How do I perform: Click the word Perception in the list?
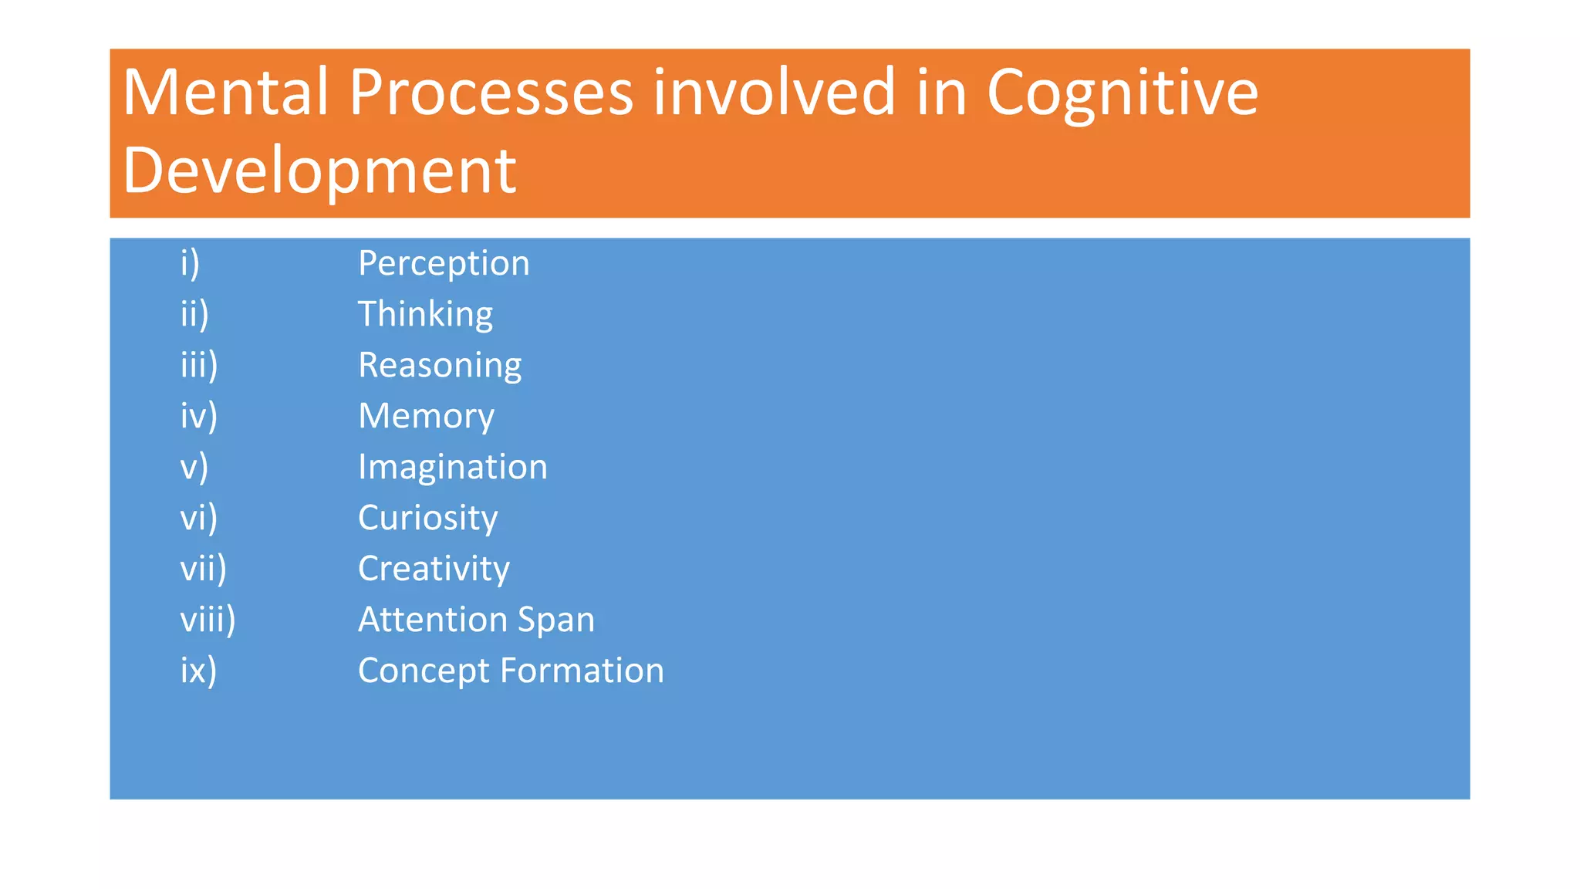tap(444, 264)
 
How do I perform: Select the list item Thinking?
tap(425, 315)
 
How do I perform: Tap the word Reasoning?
tap(440, 366)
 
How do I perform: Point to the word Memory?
tap(426, 417)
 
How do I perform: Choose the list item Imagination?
tap(452, 468)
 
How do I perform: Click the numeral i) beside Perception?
tap(190, 264)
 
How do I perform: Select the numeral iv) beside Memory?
tap(198, 417)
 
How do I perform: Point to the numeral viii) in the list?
tap(208, 620)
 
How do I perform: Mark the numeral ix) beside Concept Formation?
tap(198, 671)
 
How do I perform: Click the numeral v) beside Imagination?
tap(194, 468)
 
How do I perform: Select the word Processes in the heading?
tap(491, 93)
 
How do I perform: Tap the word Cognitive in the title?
tap(1122, 93)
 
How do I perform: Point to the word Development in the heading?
tap(319, 171)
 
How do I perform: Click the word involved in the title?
tap(775, 93)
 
